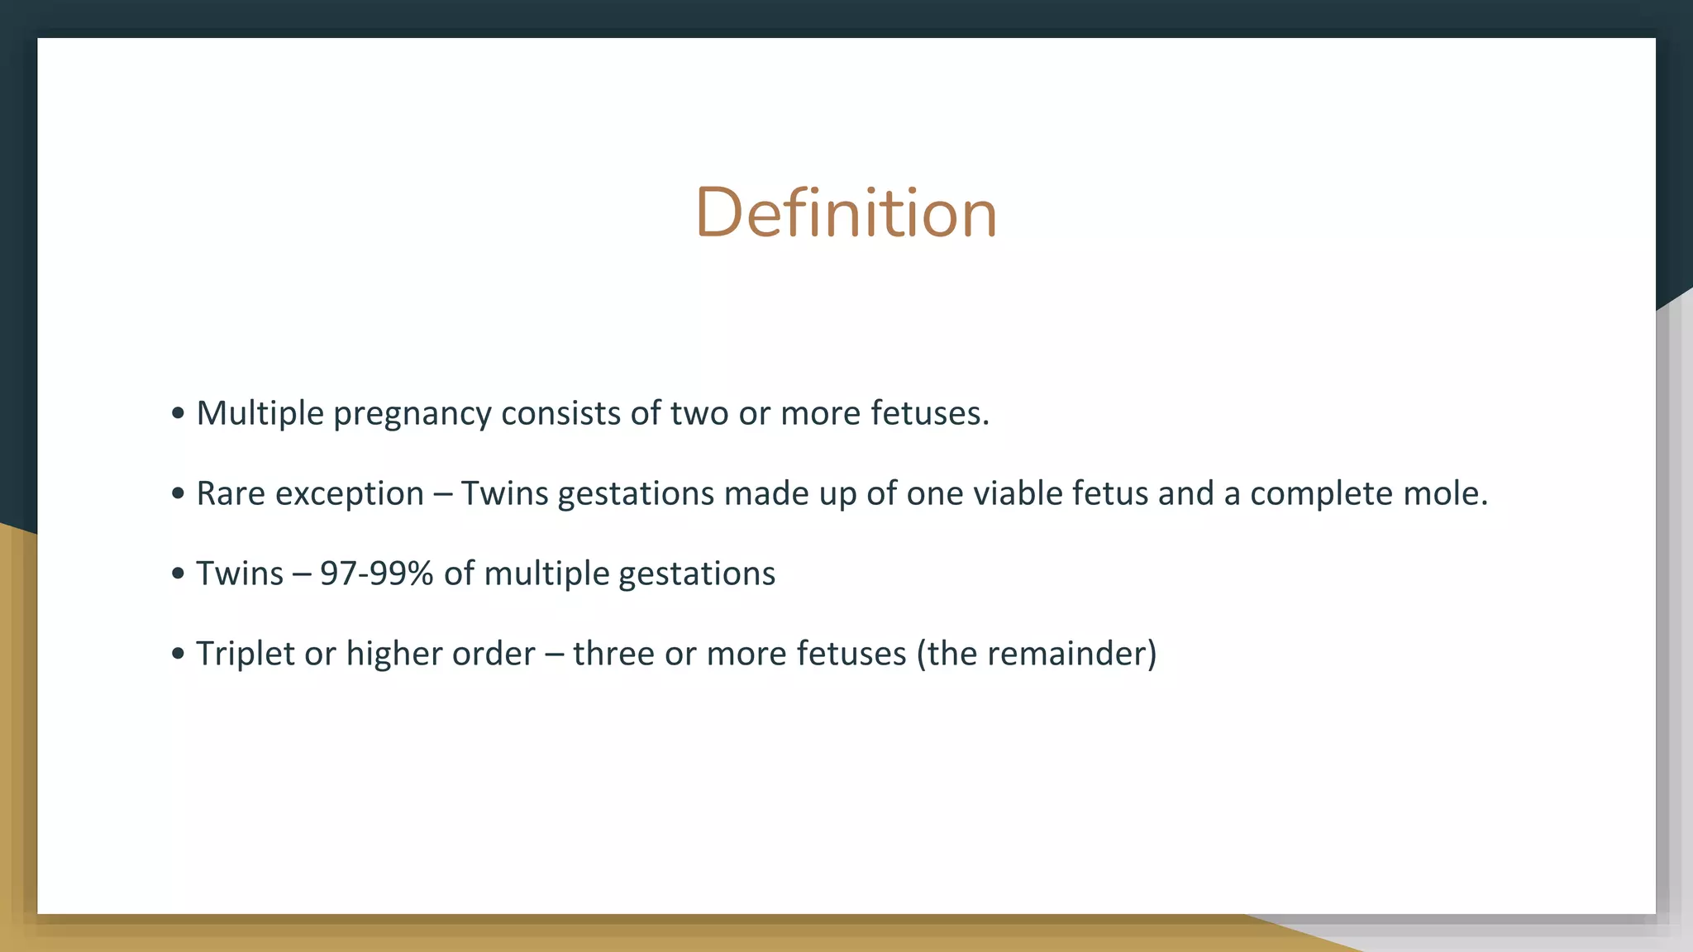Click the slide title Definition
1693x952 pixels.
(x=846, y=213)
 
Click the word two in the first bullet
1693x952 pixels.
(x=699, y=413)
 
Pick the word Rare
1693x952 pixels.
(x=231, y=493)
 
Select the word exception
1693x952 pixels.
(x=350, y=494)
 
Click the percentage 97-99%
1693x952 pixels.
(x=376, y=574)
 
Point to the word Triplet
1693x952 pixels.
(x=245, y=654)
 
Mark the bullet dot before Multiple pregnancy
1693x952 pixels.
(x=178, y=414)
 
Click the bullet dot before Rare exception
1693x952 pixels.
(x=178, y=494)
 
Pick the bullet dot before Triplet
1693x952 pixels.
(x=178, y=654)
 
